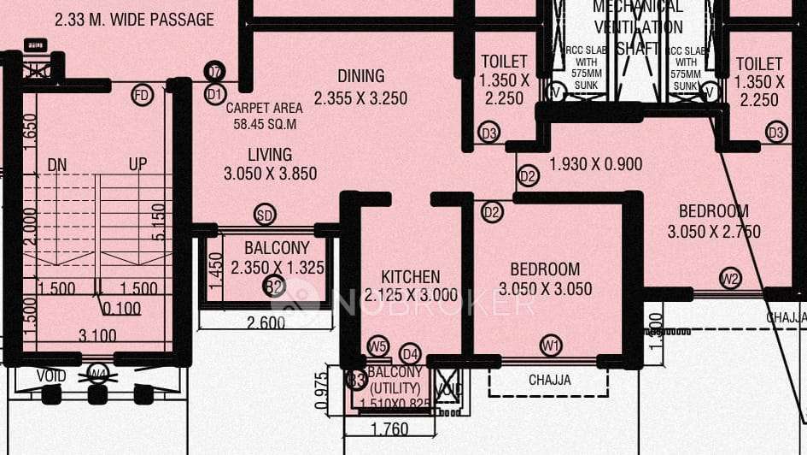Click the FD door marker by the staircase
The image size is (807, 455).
[x=142, y=95]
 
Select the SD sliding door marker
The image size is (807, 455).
[x=266, y=215]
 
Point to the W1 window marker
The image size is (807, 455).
[x=551, y=346]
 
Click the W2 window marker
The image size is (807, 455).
[x=729, y=278]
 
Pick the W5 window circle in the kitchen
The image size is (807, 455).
[x=377, y=346]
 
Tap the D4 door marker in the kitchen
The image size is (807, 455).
[x=410, y=353]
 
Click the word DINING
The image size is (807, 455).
[x=360, y=76]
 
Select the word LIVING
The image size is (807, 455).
[x=270, y=155]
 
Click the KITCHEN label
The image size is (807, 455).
[x=411, y=277]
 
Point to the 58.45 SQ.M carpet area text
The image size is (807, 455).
[x=265, y=124]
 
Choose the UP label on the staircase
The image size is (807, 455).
[x=137, y=163]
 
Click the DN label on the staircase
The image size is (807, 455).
[x=57, y=163]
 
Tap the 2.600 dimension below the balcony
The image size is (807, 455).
[x=266, y=322]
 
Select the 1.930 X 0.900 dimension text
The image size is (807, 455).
[x=595, y=165]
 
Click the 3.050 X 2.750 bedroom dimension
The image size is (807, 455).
[x=713, y=232]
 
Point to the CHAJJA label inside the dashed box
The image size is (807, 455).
[x=548, y=380]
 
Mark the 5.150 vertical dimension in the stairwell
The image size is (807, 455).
[x=157, y=222]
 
